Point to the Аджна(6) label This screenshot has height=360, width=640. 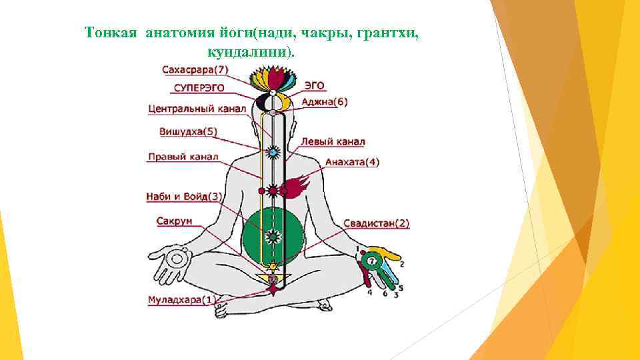coord(325,102)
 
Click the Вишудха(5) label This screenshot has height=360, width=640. coord(187,131)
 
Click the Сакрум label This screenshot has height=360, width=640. coord(175,221)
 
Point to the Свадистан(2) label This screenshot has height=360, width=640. coord(377,224)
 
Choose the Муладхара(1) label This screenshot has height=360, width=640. coord(181,300)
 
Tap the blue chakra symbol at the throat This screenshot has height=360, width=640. coord(272,153)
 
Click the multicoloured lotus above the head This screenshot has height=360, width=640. coord(271,78)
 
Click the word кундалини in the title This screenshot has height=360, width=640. coord(249,51)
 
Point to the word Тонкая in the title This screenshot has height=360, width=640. coord(111,32)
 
